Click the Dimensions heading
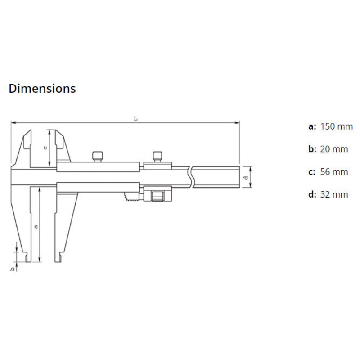(x=42, y=89)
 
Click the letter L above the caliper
(x=135, y=118)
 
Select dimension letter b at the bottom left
(x=13, y=269)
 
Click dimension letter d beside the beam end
(x=245, y=178)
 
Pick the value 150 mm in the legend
(x=336, y=126)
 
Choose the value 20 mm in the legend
(x=334, y=149)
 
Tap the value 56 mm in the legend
(x=334, y=171)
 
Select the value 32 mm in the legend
(x=334, y=194)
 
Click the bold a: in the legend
(x=312, y=126)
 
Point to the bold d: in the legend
(x=312, y=194)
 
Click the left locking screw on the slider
(x=98, y=156)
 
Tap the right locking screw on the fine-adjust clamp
(x=157, y=156)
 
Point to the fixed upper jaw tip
(x=28, y=132)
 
